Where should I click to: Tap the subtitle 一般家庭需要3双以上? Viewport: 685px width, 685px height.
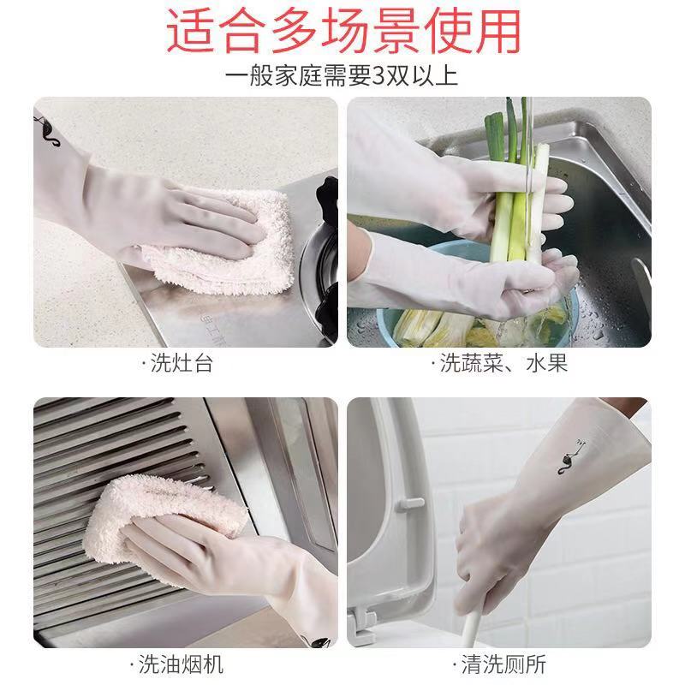342,75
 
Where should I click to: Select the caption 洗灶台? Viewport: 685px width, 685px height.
181,363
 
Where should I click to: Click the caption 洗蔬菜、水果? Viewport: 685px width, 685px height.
502,363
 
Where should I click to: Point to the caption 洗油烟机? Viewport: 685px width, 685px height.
181,663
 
